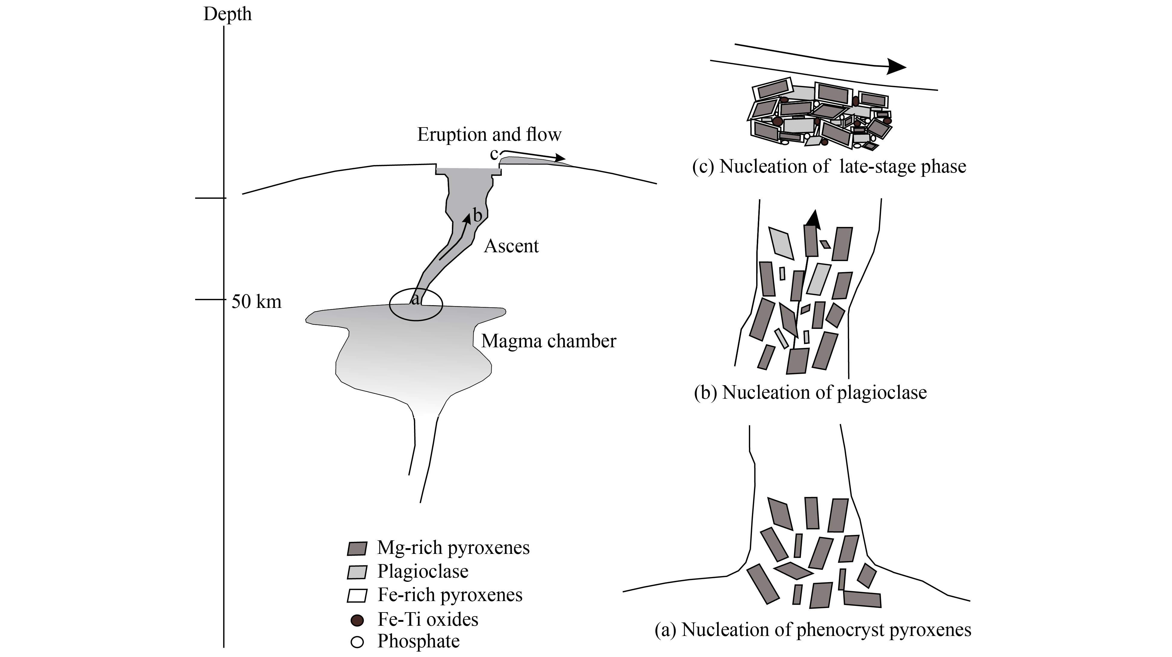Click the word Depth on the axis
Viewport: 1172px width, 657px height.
click(228, 14)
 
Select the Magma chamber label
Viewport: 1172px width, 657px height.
click(549, 341)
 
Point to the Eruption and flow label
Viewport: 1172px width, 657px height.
click(489, 135)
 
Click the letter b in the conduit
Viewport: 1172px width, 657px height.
click(477, 215)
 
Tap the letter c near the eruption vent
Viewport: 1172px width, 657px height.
click(494, 154)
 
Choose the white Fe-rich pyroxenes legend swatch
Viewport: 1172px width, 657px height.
click(357, 596)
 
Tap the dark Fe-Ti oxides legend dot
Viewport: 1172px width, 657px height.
click(357, 620)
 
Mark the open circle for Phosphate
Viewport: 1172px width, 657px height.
click(357, 642)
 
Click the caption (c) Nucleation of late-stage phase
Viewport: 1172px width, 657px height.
click(829, 167)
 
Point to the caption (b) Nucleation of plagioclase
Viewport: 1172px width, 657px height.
click(810, 392)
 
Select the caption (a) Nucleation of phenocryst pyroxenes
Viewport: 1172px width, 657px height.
click(813, 630)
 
